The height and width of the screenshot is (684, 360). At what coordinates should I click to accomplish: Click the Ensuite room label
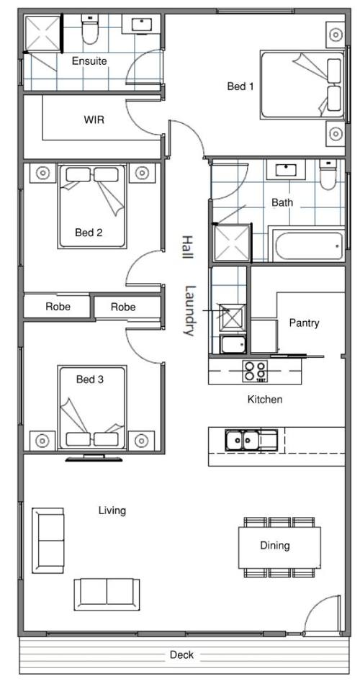[89, 61]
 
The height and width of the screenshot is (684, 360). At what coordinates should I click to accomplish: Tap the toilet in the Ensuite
[90, 30]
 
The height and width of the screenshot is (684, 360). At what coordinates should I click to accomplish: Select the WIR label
[94, 119]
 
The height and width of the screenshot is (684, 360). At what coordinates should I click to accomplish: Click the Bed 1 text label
[240, 86]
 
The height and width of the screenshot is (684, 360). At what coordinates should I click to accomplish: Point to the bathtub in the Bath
[310, 246]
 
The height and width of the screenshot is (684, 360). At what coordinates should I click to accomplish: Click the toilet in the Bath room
[328, 174]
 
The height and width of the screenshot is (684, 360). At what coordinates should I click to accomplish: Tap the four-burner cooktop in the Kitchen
[255, 372]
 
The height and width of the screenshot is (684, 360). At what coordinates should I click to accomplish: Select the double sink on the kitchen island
[251, 440]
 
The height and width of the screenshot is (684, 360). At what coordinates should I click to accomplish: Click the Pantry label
[304, 323]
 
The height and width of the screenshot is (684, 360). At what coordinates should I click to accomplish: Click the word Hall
[187, 248]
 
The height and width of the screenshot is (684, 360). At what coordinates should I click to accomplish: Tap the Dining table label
[275, 545]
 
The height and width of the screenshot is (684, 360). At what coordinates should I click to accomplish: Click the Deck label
[181, 654]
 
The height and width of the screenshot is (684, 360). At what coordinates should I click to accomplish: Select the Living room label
[112, 510]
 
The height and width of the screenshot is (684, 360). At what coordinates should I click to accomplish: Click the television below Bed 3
[94, 458]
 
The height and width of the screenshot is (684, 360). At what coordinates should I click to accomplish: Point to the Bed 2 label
[89, 233]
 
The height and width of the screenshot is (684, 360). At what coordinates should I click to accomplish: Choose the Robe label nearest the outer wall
[58, 307]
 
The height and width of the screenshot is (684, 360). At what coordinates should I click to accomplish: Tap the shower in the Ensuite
[42, 33]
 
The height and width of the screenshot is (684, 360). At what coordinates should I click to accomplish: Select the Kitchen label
[265, 399]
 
